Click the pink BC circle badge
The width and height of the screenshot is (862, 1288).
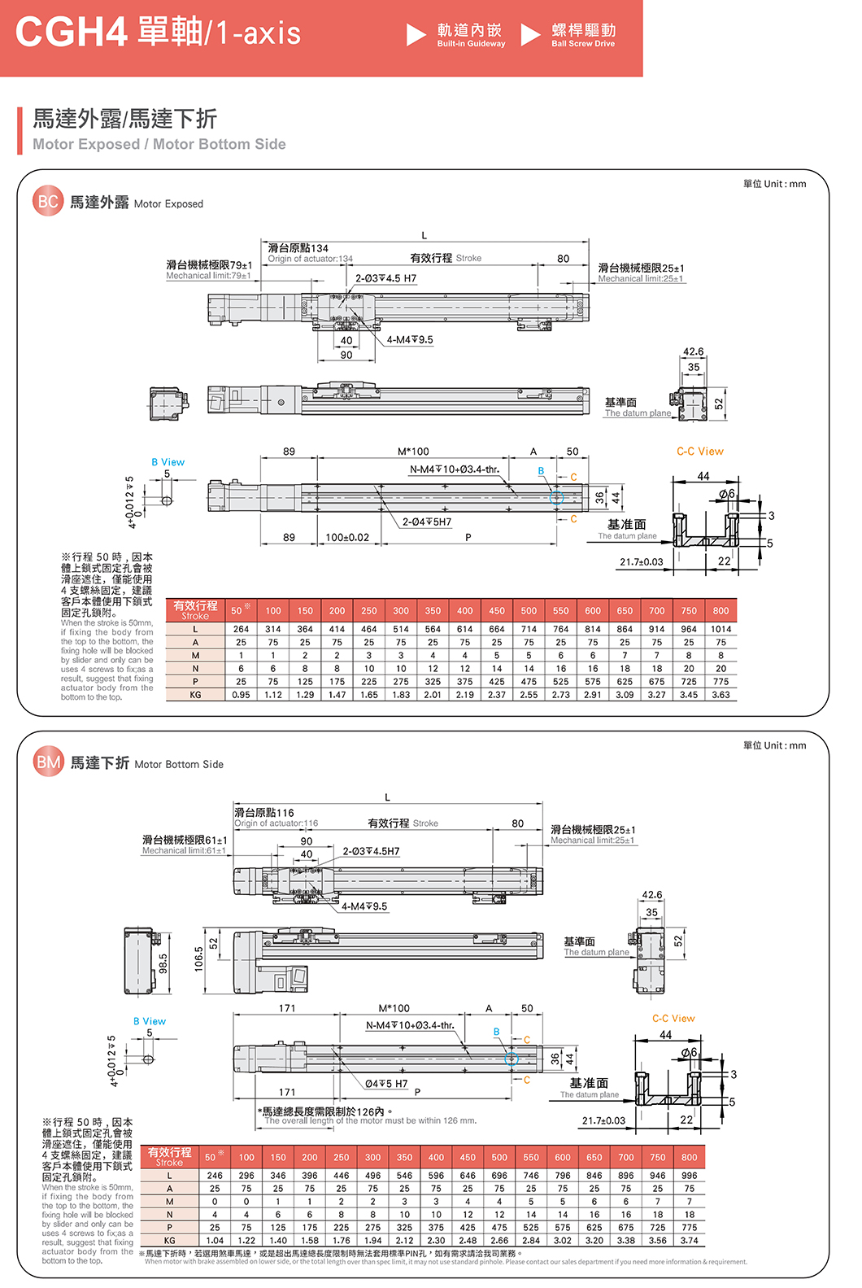click(48, 201)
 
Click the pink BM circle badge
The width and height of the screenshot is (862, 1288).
click(49, 762)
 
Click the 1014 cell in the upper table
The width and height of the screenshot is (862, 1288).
click(721, 629)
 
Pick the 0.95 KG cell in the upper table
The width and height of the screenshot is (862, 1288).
click(241, 695)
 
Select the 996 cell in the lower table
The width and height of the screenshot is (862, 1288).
click(690, 1176)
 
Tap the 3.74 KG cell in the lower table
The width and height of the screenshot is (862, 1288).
click(690, 1241)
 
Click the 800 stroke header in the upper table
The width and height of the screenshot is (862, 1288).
click(721, 610)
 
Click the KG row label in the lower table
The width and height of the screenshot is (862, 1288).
click(169, 1241)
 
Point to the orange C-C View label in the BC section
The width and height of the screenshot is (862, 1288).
click(699, 452)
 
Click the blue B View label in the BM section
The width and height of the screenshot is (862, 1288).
click(150, 1021)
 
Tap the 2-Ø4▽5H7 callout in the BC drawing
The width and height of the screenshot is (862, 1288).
click(426, 522)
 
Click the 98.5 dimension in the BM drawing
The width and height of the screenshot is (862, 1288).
click(163, 963)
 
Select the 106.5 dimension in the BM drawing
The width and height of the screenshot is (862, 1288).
click(198, 960)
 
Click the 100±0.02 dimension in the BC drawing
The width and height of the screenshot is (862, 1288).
click(347, 538)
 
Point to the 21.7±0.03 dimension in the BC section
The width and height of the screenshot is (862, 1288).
click(641, 562)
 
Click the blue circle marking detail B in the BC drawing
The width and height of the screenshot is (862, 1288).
click(556, 498)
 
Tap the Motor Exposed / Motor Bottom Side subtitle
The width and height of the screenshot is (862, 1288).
click(159, 144)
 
